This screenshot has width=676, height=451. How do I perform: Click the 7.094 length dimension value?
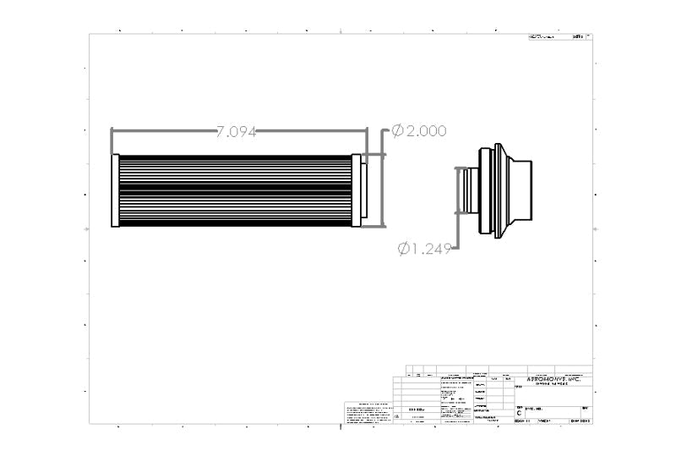[x=237, y=131]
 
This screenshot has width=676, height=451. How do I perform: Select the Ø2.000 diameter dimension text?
[x=418, y=130]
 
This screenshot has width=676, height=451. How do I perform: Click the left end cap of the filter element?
[x=116, y=190]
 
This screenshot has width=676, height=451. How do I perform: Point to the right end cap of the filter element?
[x=357, y=190]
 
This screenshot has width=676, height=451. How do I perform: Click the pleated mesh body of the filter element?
[x=237, y=190]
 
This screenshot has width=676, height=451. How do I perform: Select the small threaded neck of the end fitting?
[x=467, y=191]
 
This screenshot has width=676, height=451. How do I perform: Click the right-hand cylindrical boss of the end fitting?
[x=521, y=191]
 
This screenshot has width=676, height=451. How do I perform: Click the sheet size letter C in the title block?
[x=519, y=413]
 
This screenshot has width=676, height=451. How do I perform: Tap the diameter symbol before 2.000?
[x=396, y=130]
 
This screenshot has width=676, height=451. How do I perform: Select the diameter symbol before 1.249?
[x=404, y=248]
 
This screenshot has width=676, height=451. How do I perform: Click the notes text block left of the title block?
[x=366, y=414]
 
